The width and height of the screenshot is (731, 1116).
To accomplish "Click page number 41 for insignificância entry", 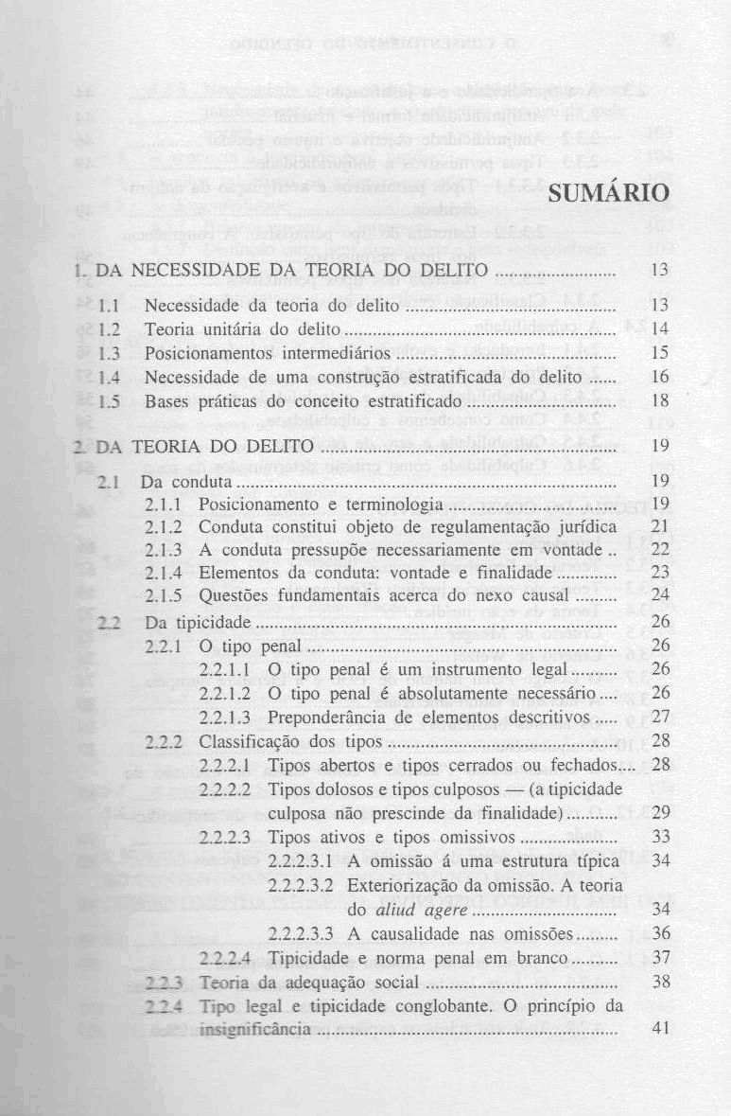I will click(x=661, y=1028).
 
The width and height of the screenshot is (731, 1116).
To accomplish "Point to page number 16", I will click(x=661, y=376).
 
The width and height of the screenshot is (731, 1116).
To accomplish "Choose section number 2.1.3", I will click(x=170, y=549).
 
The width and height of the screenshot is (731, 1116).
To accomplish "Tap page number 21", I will click(x=661, y=525).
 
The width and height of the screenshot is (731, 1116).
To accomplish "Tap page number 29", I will click(x=661, y=812).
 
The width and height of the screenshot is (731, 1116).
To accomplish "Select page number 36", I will click(x=661, y=933).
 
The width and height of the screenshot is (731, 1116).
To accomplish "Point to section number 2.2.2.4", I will click(x=225, y=958).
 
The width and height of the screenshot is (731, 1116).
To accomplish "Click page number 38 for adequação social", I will click(x=661, y=982).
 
